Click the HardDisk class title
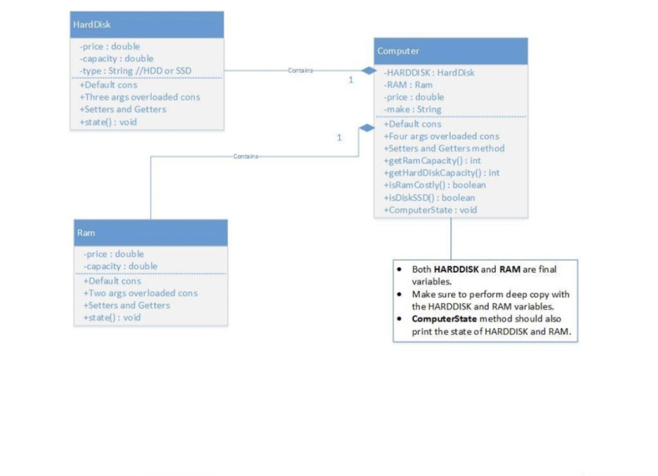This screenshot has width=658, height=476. (92, 25)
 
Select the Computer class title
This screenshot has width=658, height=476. (398, 51)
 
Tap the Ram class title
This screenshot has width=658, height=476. (86, 233)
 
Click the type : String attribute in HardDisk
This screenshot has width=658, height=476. (135, 71)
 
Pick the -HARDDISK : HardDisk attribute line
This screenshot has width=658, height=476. (429, 72)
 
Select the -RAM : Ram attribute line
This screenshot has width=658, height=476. (408, 85)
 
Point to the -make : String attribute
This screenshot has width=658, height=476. (412, 109)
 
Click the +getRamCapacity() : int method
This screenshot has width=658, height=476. (432, 160)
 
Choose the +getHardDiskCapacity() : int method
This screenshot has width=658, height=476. (441, 173)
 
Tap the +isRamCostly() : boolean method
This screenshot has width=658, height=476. (435, 185)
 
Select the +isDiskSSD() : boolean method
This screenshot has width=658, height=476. (429, 197)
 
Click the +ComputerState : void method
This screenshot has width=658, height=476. (430, 210)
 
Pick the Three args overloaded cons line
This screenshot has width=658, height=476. (140, 97)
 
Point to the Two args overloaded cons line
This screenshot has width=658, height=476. (141, 293)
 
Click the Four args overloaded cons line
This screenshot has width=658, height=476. (441, 136)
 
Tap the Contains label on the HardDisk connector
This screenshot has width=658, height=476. (301, 71)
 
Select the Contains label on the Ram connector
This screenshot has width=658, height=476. (246, 156)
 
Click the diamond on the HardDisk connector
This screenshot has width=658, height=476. (369, 71)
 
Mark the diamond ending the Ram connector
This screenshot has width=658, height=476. (367, 128)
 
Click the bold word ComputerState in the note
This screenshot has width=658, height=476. (444, 318)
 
